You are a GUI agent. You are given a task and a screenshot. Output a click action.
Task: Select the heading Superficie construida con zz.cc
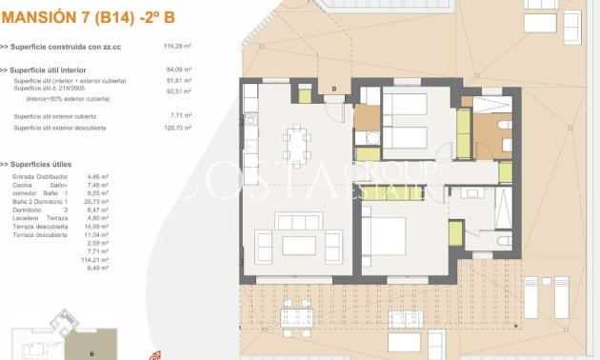70,46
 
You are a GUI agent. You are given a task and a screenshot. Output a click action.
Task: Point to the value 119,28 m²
177,46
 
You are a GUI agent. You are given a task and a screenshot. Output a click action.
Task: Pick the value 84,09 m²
179,70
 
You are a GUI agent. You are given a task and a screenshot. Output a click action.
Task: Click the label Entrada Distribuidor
40,176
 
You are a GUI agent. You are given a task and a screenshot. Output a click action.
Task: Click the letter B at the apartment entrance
333,90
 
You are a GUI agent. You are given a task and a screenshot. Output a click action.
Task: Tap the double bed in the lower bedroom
392,239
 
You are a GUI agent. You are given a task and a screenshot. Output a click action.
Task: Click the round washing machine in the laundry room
367,138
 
